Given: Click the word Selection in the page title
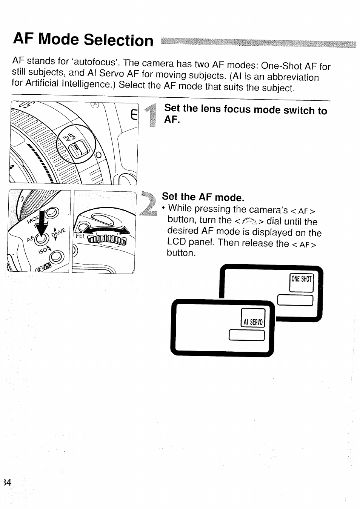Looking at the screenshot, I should point(118,40).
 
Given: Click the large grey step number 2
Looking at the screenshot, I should point(148,204).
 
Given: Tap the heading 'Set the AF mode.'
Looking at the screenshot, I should point(203,197).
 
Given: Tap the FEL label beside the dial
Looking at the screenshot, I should point(81,236).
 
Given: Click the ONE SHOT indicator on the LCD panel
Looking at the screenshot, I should point(302,280).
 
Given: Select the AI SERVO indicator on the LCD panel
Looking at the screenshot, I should point(253,322).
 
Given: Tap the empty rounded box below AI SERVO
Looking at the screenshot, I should point(247,335).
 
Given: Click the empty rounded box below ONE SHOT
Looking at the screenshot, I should point(295,300).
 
